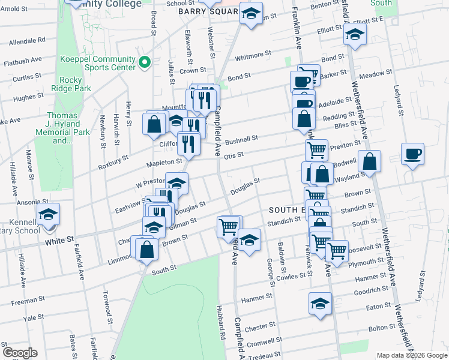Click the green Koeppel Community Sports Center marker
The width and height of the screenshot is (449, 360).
144,62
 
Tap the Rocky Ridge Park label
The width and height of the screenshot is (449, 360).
76,84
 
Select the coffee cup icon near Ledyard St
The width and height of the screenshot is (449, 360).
412,154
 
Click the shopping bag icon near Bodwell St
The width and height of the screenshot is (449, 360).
371,161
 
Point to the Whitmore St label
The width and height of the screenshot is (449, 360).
253,55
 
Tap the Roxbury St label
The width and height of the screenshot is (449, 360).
113,160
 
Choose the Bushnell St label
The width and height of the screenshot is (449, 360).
241,139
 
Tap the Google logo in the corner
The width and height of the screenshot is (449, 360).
19,353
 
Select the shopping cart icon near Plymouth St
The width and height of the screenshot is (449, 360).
336,249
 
